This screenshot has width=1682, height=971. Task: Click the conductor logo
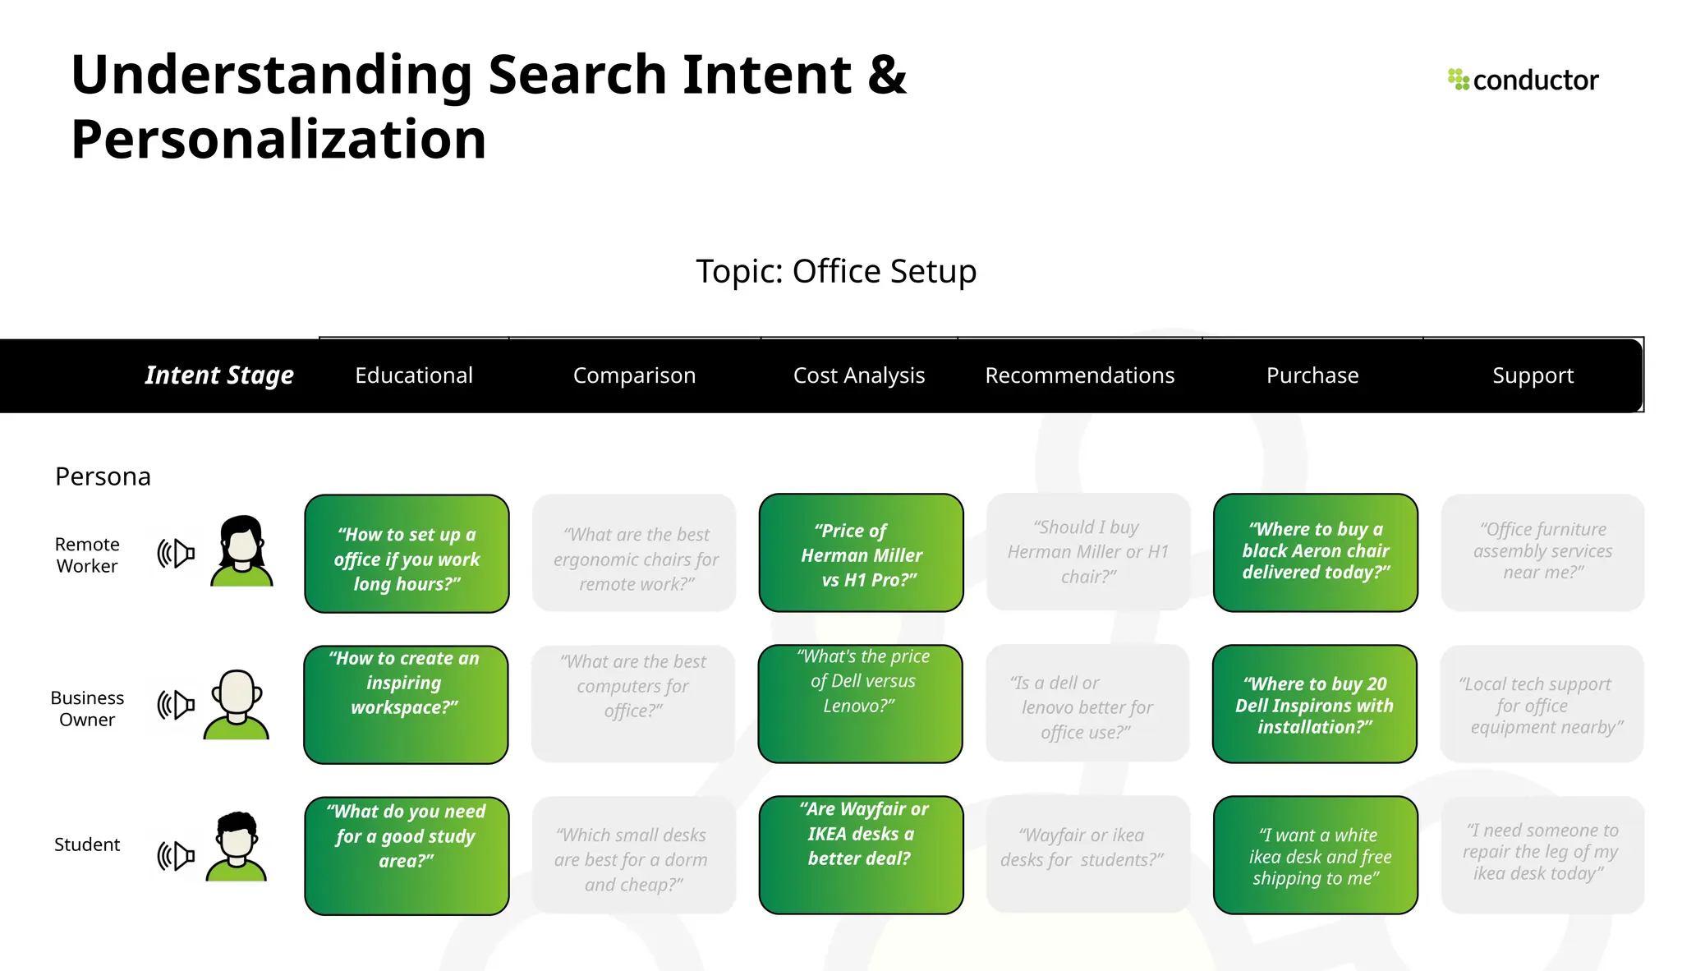pos(1523,80)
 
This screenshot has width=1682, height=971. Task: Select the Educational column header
pos(414,375)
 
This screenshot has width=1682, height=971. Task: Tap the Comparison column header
pos(634,375)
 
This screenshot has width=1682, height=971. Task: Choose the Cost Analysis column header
pos(859,375)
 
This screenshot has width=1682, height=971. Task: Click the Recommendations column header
pos(1079,375)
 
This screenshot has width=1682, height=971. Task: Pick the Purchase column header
pos(1312,375)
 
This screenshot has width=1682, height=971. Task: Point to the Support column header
pos(1533,375)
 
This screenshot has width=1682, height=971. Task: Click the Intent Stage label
pos(219,375)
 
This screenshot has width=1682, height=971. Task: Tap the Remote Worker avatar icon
pos(241,551)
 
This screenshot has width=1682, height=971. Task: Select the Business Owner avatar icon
pos(237,705)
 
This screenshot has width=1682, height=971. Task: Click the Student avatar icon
pos(237,846)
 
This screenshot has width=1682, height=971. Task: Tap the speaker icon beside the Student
pos(176,856)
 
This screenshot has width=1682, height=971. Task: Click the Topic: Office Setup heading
pos(836,271)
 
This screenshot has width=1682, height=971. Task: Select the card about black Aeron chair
pos(1316,552)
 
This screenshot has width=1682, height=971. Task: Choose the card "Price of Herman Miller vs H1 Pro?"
pos(861,553)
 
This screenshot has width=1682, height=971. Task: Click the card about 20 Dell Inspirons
pos(1315,705)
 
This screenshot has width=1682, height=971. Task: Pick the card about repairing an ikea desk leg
pos(1542,854)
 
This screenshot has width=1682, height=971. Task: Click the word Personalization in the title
pos(279,139)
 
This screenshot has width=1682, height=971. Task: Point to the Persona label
pos(103,476)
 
